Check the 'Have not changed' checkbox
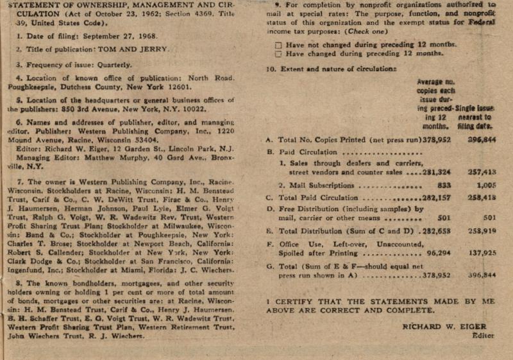[x=278, y=45]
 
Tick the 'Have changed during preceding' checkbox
[x=278, y=54]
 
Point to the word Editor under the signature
[x=482, y=336]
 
